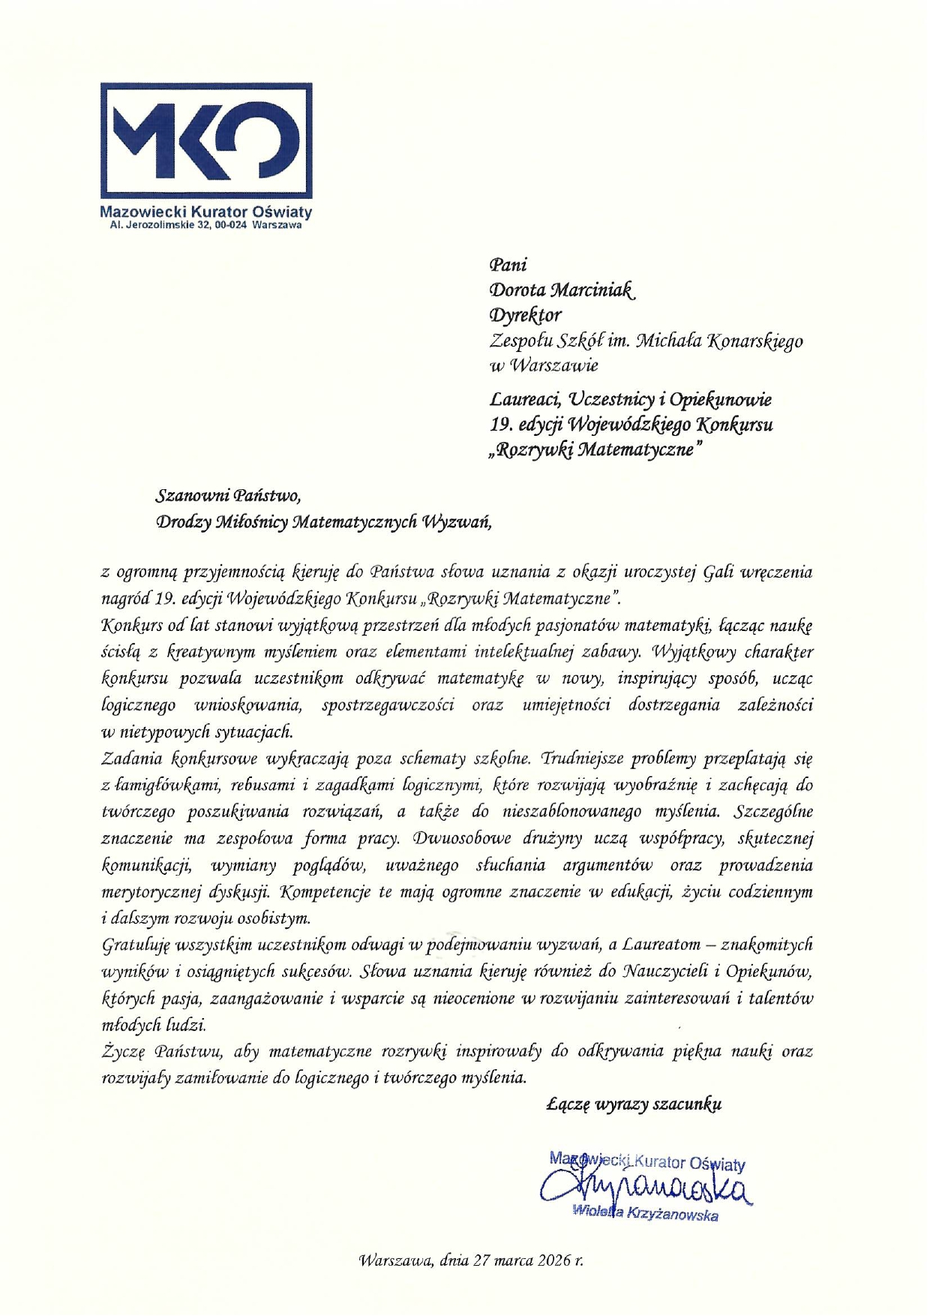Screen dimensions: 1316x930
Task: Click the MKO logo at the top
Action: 206,140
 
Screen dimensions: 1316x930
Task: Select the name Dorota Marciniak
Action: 562,290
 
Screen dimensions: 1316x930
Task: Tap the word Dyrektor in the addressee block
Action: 525,315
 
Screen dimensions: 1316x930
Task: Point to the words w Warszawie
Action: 544,366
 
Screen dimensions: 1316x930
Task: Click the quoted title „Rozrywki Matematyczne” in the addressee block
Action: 596,450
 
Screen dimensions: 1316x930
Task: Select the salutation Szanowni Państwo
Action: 228,496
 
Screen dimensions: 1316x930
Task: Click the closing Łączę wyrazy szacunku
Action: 634,1104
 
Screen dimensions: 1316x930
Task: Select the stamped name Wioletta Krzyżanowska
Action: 645,1212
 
